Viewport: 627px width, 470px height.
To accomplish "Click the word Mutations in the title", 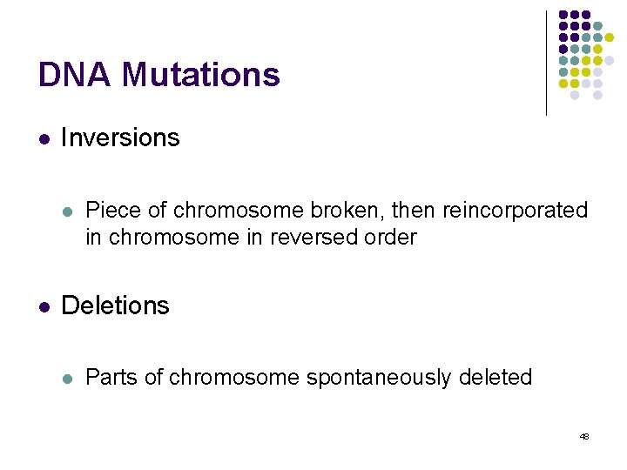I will click(201, 75).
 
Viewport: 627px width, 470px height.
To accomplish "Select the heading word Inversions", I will click(120, 138).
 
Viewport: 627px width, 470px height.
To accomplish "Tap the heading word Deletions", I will click(116, 305).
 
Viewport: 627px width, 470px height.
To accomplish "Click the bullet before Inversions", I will click(44, 138).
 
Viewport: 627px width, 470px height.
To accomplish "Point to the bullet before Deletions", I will click(44, 306).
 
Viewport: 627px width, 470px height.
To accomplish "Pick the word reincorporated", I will click(515, 211).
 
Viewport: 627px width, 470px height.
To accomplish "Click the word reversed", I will click(321, 237).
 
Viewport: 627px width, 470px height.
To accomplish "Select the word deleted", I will click(495, 378).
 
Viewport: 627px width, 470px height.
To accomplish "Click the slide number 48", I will click(583, 435).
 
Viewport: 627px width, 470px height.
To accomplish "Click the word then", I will click(414, 211).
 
